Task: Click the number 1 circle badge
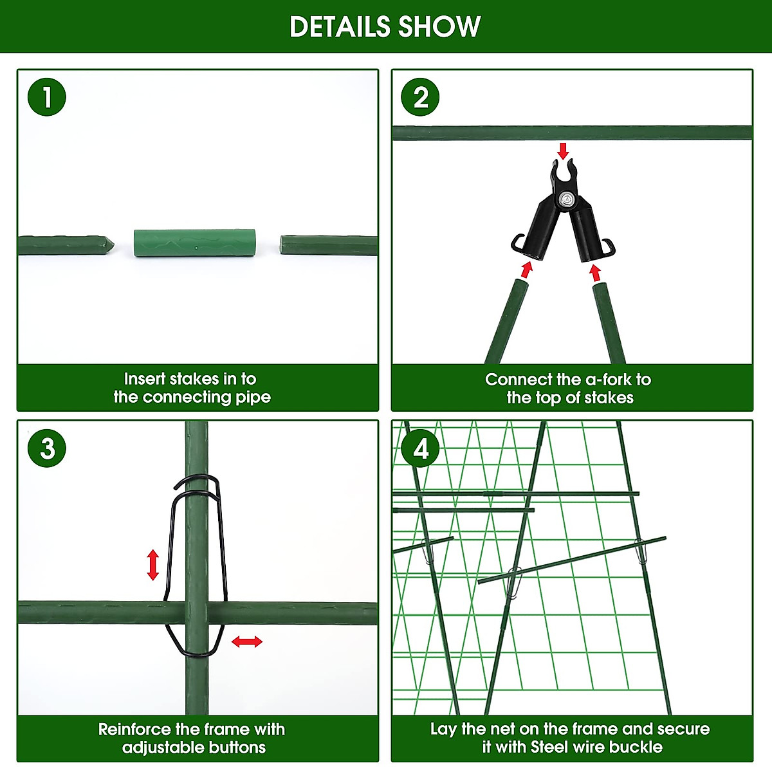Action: pyautogui.click(x=47, y=98)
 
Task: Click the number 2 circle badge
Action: pyautogui.click(x=420, y=98)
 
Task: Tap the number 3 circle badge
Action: pyautogui.click(x=47, y=448)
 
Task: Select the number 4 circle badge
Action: pyautogui.click(x=420, y=448)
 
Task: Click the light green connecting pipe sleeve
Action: pyautogui.click(x=195, y=243)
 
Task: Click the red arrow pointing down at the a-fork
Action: pyautogui.click(x=564, y=151)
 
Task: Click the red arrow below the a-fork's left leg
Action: pyautogui.click(x=527, y=269)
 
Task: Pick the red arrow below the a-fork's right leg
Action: pyautogui.click(x=595, y=273)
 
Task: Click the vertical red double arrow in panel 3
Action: pyautogui.click(x=152, y=565)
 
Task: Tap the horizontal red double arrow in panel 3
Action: pyautogui.click(x=247, y=641)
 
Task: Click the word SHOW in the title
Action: pyautogui.click(x=439, y=27)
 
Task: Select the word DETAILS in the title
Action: pyautogui.click(x=339, y=27)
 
